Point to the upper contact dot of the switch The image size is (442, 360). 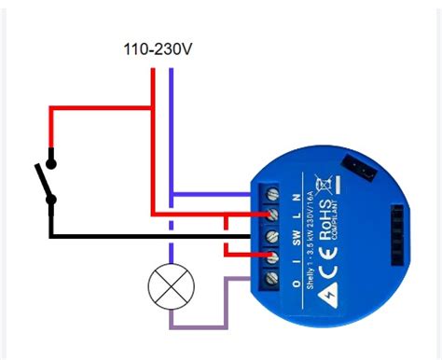[x=52, y=163]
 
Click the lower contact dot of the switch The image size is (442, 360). [x=52, y=199]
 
